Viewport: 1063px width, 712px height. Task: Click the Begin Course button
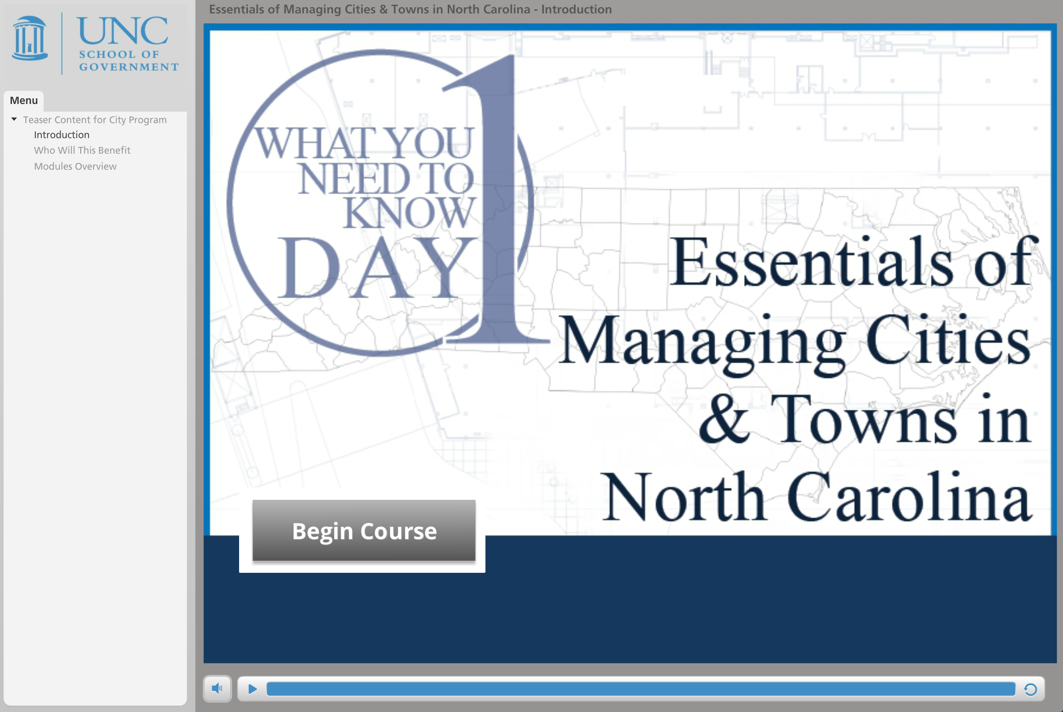point(364,530)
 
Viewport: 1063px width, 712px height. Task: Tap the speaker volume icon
point(217,689)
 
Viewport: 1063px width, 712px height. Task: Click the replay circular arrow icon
point(1030,689)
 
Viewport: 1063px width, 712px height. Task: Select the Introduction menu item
point(62,135)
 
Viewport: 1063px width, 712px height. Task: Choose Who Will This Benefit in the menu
point(82,150)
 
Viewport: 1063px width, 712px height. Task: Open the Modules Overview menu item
point(76,166)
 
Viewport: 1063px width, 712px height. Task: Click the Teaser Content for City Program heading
point(95,120)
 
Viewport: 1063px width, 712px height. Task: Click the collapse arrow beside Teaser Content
point(14,119)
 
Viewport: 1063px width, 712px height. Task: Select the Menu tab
point(24,100)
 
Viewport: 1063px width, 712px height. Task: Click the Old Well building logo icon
point(29,38)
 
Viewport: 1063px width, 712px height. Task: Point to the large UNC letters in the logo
point(123,31)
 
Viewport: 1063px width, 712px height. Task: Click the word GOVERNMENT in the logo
point(129,67)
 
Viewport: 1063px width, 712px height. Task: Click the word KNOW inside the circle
point(409,212)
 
